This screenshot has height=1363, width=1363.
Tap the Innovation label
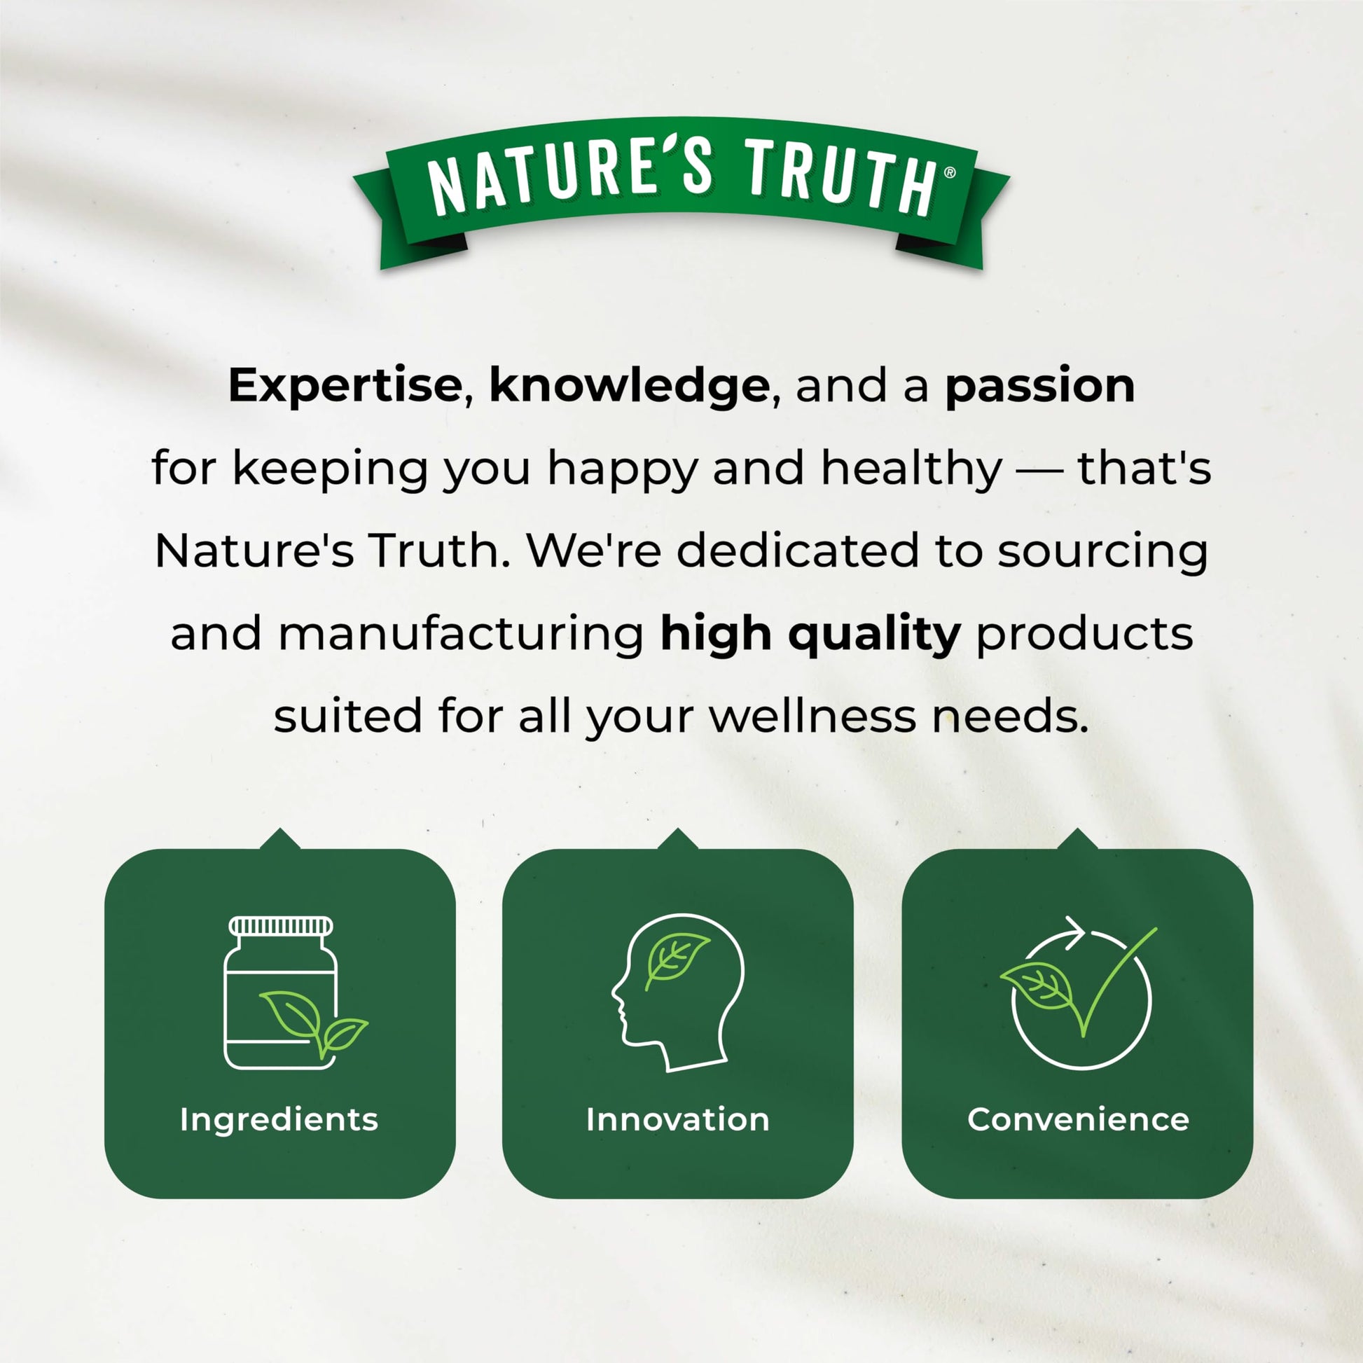[x=677, y=1119]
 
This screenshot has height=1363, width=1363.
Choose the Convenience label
[x=1078, y=1119]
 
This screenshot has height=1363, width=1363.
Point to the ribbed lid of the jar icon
[x=280, y=927]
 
